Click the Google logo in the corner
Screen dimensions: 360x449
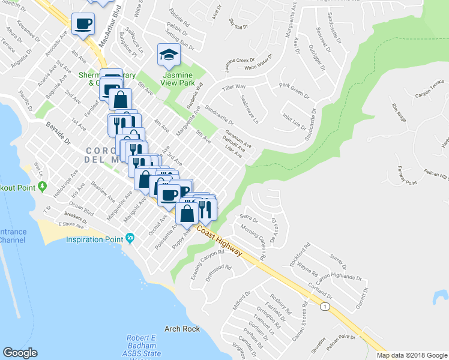pos(20,353)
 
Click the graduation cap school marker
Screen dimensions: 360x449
pos(169,55)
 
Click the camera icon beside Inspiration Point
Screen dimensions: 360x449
pos(130,239)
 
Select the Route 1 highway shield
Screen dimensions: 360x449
pos(325,307)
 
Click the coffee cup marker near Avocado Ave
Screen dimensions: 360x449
pos(83,25)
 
